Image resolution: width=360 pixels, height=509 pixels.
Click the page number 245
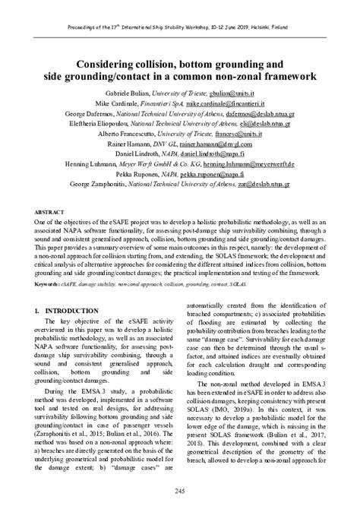point(179,492)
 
